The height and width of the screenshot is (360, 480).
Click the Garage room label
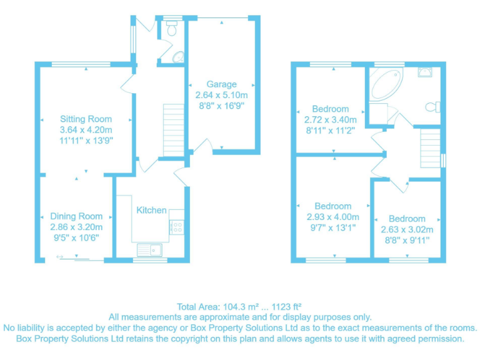[222, 84]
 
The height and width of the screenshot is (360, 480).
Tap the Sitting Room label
[86, 119]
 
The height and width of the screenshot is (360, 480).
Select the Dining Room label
[76, 216]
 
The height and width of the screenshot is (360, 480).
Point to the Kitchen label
[152, 210]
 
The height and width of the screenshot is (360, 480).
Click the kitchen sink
[151, 250]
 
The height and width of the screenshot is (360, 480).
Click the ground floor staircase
[172, 131]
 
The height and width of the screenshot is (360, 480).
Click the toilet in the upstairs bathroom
[432, 107]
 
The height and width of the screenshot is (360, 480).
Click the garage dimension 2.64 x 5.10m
[222, 96]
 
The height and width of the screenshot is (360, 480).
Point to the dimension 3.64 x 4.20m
[86, 130]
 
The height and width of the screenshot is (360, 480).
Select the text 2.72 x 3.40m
[331, 120]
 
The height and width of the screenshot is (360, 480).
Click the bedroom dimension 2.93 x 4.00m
[333, 217]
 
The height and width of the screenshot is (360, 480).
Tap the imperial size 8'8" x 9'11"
[407, 241]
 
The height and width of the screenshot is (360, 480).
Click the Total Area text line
[239, 306]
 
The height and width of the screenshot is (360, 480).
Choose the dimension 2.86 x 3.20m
[76, 227]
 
